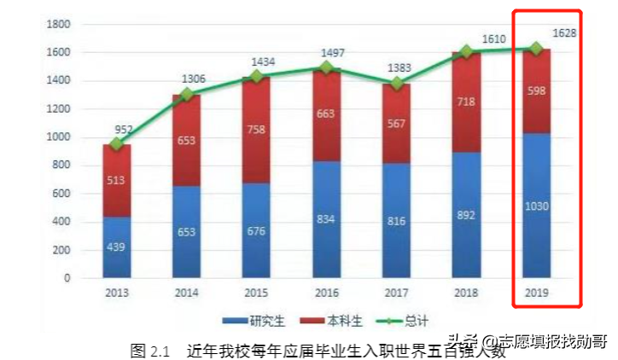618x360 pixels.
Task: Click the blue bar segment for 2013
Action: pos(117,247)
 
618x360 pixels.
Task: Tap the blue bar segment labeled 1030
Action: pos(537,206)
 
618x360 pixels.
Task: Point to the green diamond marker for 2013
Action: pos(117,144)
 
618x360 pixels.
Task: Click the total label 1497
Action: pos(327,53)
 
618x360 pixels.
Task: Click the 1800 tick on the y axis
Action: pos(57,24)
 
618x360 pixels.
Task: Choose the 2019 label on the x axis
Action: pos(537,292)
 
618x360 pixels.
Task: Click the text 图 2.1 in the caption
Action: pos(151,350)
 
